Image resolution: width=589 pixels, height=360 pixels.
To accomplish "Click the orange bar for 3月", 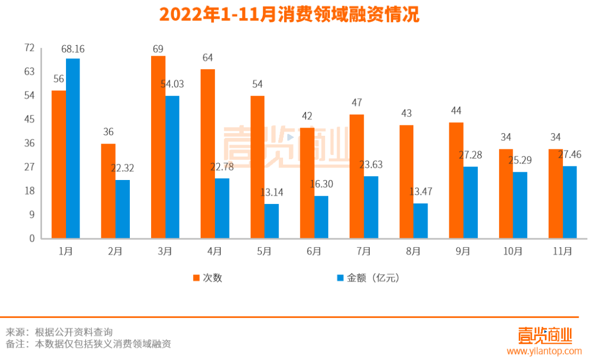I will click(x=158, y=147).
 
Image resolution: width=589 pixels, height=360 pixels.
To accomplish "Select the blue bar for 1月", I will click(x=73, y=148).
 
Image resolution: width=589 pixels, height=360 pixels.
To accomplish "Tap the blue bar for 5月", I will click(x=272, y=221).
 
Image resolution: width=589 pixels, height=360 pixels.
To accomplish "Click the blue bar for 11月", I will click(x=569, y=202).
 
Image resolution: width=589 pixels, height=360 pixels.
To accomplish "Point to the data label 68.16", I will click(x=73, y=49).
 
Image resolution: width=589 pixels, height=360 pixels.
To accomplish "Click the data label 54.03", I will click(x=172, y=84).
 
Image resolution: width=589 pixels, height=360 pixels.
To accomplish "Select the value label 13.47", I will click(x=420, y=192).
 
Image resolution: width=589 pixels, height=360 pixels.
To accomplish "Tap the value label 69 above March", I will click(x=158, y=49).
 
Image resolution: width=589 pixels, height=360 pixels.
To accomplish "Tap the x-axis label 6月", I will click(x=314, y=251).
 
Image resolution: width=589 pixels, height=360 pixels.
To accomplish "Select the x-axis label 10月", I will click(x=513, y=251).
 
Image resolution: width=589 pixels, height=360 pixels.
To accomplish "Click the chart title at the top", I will click(x=289, y=15).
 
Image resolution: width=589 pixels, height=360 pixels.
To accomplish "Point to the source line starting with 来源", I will click(x=59, y=332).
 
